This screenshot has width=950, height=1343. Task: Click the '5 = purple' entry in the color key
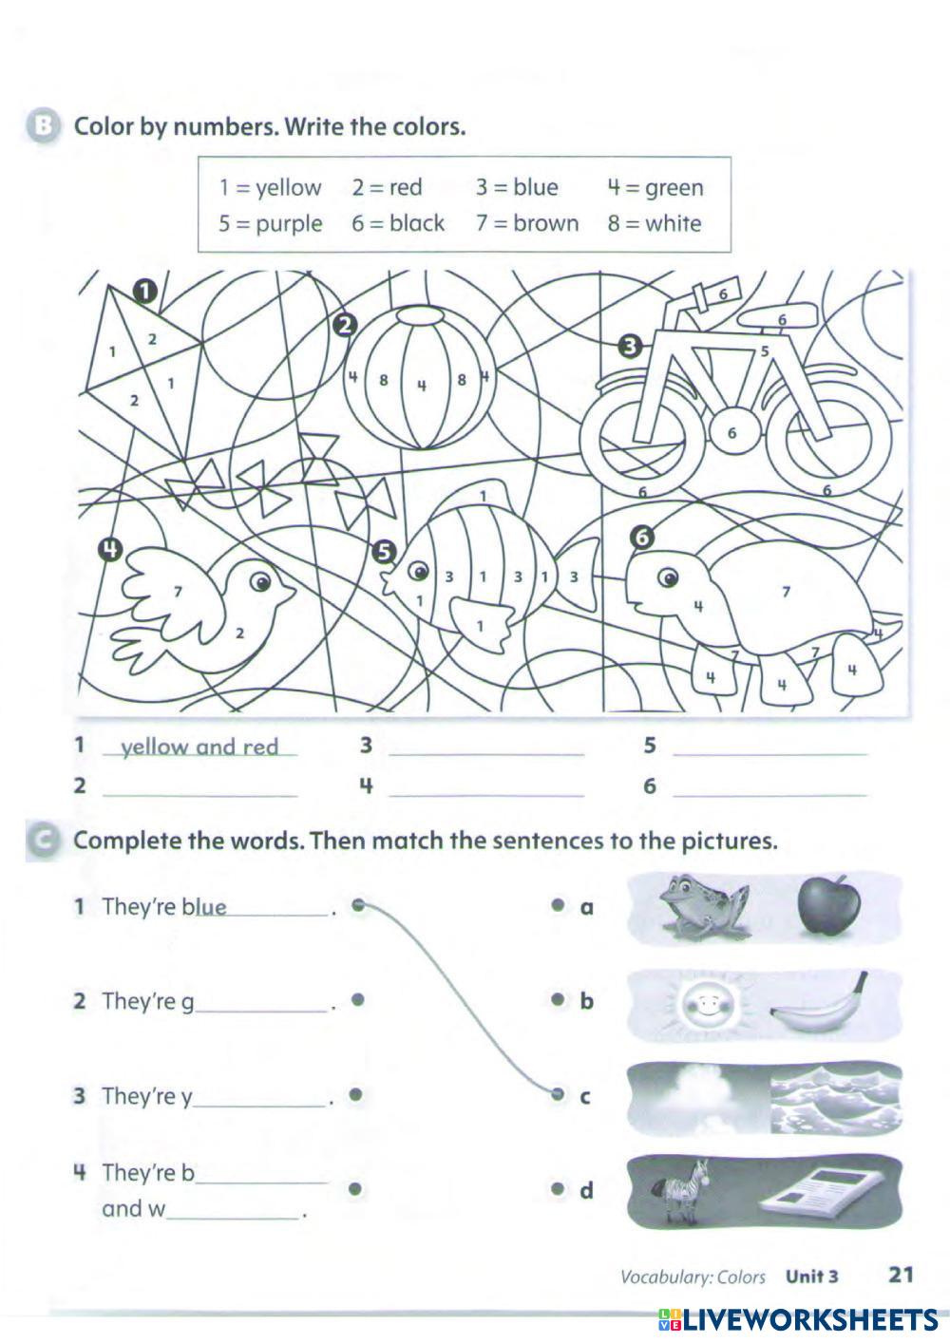[270, 224]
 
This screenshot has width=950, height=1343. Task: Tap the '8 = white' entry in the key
[655, 224]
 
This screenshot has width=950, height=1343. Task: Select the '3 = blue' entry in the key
[517, 188]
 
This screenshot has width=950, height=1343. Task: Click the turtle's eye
[669, 577]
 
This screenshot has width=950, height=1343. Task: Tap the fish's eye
[417, 571]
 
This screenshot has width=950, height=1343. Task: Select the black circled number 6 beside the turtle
[643, 538]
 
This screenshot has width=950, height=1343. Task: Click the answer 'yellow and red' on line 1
[199, 747]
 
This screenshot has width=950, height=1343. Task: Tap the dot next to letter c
[559, 1094]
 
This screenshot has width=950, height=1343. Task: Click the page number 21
[900, 1274]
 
